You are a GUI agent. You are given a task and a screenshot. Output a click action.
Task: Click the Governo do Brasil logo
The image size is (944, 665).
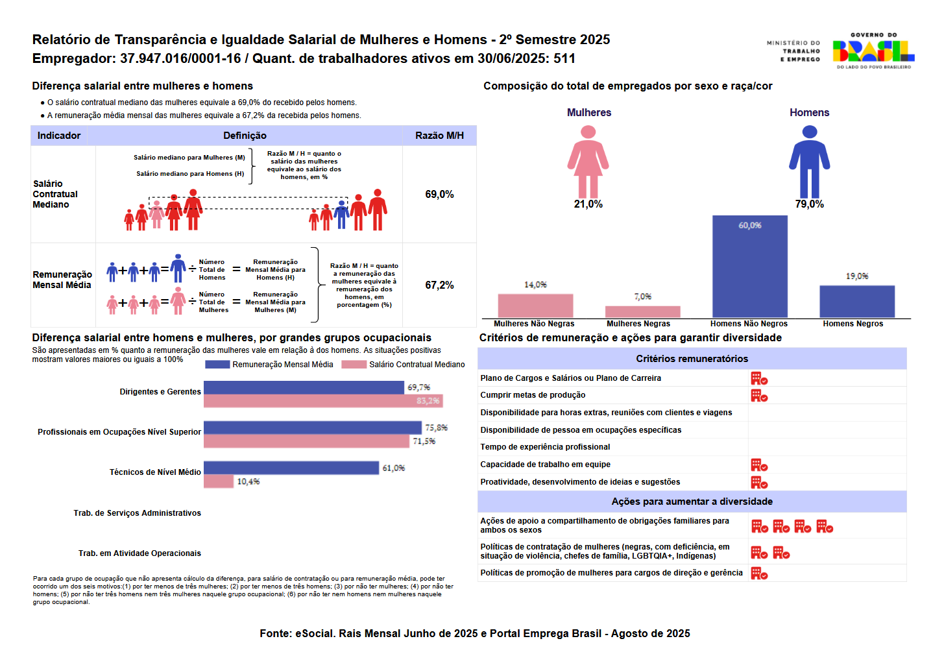point(873,51)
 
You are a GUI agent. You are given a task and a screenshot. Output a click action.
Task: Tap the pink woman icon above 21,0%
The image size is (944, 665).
point(588,161)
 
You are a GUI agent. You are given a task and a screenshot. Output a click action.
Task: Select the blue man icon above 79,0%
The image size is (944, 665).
point(809,161)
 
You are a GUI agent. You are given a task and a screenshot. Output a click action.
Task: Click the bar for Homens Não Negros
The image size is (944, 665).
point(749,266)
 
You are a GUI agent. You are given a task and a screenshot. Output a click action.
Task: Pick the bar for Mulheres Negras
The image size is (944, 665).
point(642,311)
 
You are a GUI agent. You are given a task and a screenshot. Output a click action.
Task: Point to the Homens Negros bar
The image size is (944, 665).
point(856,301)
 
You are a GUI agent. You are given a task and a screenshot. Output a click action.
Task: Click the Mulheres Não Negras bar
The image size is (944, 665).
point(535,306)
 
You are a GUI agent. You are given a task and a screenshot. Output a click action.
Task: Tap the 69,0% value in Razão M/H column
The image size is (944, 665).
point(439,195)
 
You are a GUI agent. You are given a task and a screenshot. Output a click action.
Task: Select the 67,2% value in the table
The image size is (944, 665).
point(439,285)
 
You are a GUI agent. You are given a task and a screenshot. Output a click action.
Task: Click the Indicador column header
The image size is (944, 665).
point(59,136)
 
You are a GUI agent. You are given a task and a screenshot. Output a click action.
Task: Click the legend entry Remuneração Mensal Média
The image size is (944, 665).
point(282,365)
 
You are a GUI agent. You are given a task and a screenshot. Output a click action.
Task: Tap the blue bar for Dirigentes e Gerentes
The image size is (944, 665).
point(304,387)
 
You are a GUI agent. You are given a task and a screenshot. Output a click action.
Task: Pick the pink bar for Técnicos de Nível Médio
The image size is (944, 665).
point(218,481)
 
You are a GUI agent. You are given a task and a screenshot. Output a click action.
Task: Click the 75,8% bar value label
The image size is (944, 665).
point(436,428)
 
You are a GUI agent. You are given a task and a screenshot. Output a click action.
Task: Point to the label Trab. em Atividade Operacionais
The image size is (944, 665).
point(139,553)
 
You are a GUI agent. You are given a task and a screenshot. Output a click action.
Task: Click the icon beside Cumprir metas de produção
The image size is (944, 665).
point(759,396)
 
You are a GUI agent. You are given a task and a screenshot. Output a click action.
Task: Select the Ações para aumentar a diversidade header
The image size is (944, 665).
point(692,502)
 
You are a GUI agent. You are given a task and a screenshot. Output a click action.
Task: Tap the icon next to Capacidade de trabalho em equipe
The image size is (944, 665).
point(759,465)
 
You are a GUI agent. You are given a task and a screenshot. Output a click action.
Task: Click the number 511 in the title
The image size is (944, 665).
point(564,58)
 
